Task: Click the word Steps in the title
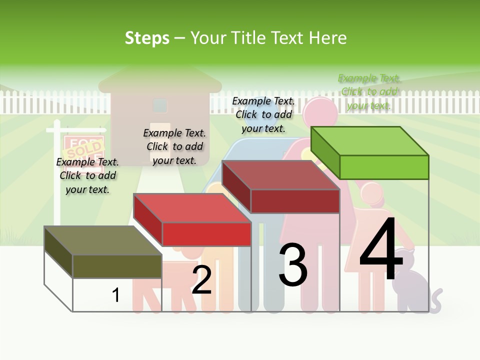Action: coord(147,38)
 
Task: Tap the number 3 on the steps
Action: coord(293,264)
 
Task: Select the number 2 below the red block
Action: coord(201,280)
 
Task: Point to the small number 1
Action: coord(115,295)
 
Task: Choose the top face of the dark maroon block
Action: coord(280,175)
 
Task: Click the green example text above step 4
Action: coord(369,92)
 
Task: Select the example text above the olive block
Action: coord(87,175)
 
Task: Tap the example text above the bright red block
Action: coord(174,146)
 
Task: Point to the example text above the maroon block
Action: coord(263,114)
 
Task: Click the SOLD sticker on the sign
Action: coord(84,150)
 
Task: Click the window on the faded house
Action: coord(160,105)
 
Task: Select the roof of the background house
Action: coord(160,80)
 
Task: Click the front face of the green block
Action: coord(384,167)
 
